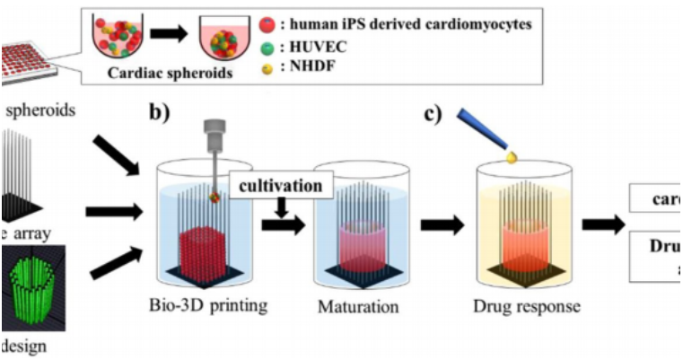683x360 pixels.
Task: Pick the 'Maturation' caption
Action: tap(357, 306)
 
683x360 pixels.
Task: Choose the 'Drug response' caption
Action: tap(525, 306)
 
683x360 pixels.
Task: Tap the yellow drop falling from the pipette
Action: tap(512, 157)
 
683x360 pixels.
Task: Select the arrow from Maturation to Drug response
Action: tap(442, 224)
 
